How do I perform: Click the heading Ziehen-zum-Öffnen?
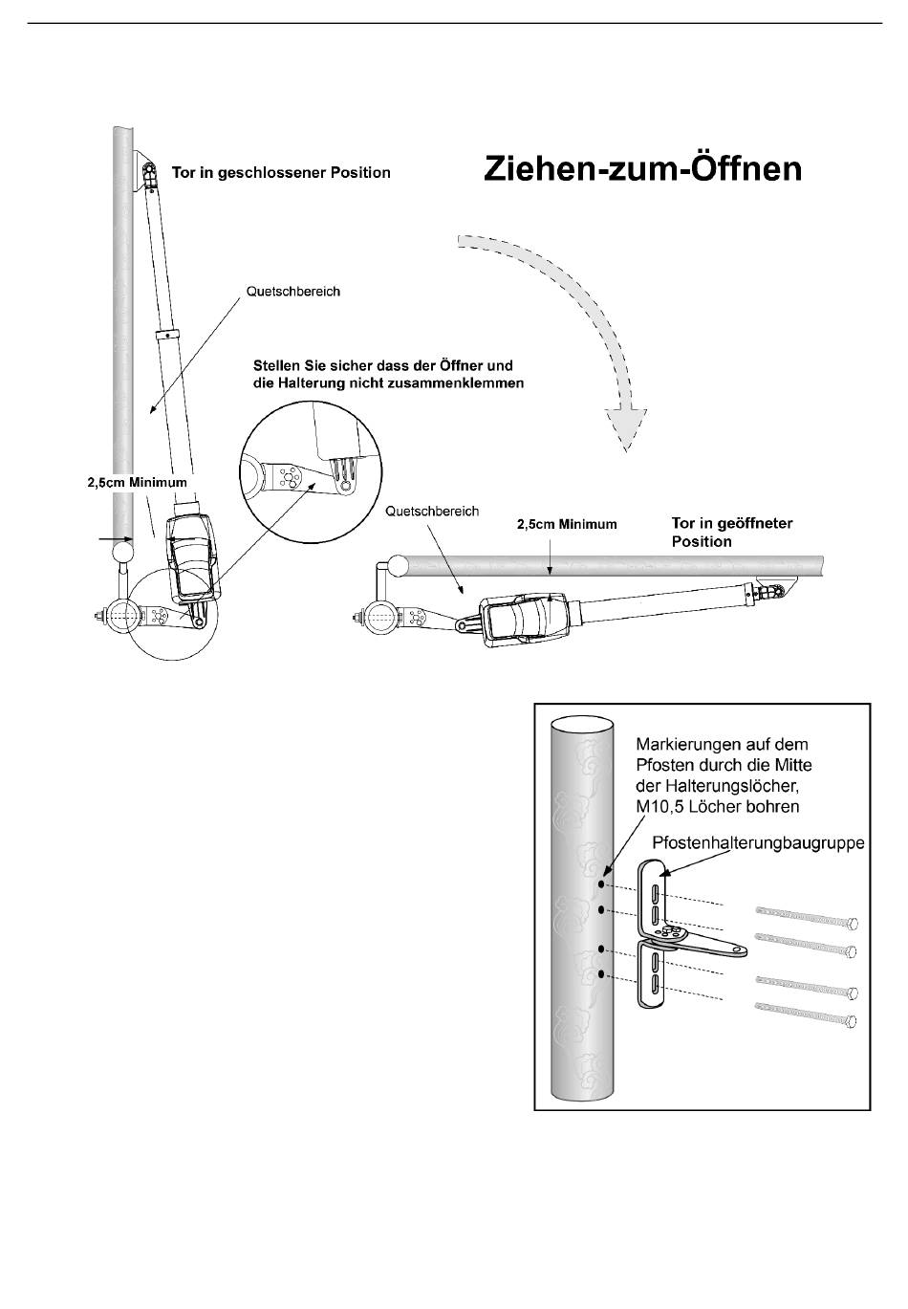[x=642, y=169]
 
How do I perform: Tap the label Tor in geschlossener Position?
[x=281, y=173]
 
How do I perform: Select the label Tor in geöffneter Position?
[x=731, y=532]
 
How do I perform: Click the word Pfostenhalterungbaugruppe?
[x=758, y=842]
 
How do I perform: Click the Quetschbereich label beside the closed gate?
[x=292, y=291]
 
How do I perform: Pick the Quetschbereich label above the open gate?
[x=432, y=511]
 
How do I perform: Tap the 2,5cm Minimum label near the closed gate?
[x=138, y=483]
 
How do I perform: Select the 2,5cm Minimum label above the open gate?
[x=567, y=524]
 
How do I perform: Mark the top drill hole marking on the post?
[x=601, y=885]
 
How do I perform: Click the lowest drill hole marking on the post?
[x=601, y=974]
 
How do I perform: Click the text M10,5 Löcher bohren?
[x=718, y=807]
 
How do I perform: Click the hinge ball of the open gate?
[x=399, y=564]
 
